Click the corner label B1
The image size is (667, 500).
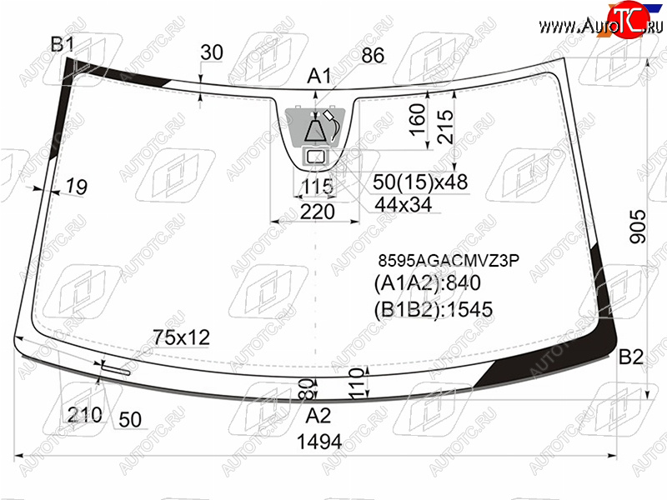tap(62, 44)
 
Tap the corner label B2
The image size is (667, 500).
tap(631, 357)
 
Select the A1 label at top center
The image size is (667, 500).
tap(319, 76)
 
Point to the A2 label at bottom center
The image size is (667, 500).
tap(318, 415)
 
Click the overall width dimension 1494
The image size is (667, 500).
tap(319, 442)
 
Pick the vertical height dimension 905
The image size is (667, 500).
tap(638, 226)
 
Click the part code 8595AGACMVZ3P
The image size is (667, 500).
tap(449, 260)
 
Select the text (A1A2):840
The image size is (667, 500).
tap(427, 282)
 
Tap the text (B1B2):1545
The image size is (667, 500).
tap(433, 309)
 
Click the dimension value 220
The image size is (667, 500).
tap(318, 212)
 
